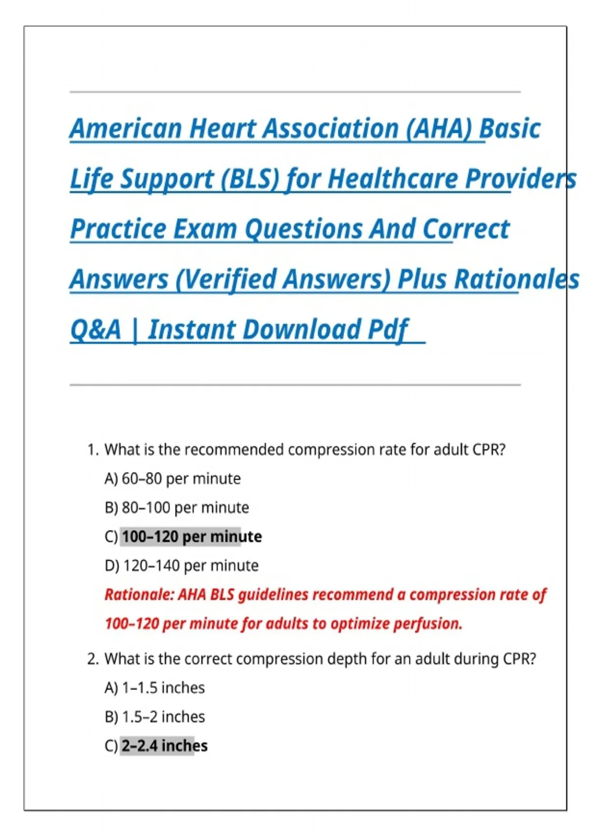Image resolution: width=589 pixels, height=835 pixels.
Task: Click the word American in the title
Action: tap(126, 129)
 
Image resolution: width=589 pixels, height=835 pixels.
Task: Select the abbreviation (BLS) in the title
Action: tap(250, 179)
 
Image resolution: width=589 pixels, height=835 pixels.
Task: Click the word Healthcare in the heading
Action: tap(393, 179)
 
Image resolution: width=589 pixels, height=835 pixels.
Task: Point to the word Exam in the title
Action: tap(205, 229)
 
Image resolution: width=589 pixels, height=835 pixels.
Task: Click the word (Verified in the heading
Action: tap(226, 279)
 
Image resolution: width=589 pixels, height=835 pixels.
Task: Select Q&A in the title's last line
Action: tap(96, 330)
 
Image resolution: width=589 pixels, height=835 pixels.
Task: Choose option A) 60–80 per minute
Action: tap(173, 479)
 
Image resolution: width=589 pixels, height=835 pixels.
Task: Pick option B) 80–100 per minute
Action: tap(177, 508)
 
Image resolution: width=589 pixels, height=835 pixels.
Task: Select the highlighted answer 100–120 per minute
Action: tap(192, 537)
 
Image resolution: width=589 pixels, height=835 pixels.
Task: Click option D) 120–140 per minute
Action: tap(182, 566)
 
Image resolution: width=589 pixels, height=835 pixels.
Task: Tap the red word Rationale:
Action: tap(139, 595)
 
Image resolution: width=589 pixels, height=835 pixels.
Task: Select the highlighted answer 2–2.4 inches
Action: tap(164, 746)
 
